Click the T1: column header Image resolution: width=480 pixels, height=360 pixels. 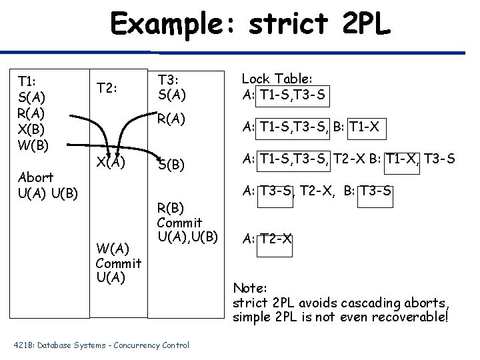coord(27,82)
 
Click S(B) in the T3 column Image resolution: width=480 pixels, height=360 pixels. coord(171,165)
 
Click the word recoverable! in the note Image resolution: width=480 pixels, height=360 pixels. coord(413,316)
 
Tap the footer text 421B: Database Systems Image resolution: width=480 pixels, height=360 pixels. coord(69,345)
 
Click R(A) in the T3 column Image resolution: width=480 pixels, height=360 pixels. coord(171,120)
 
